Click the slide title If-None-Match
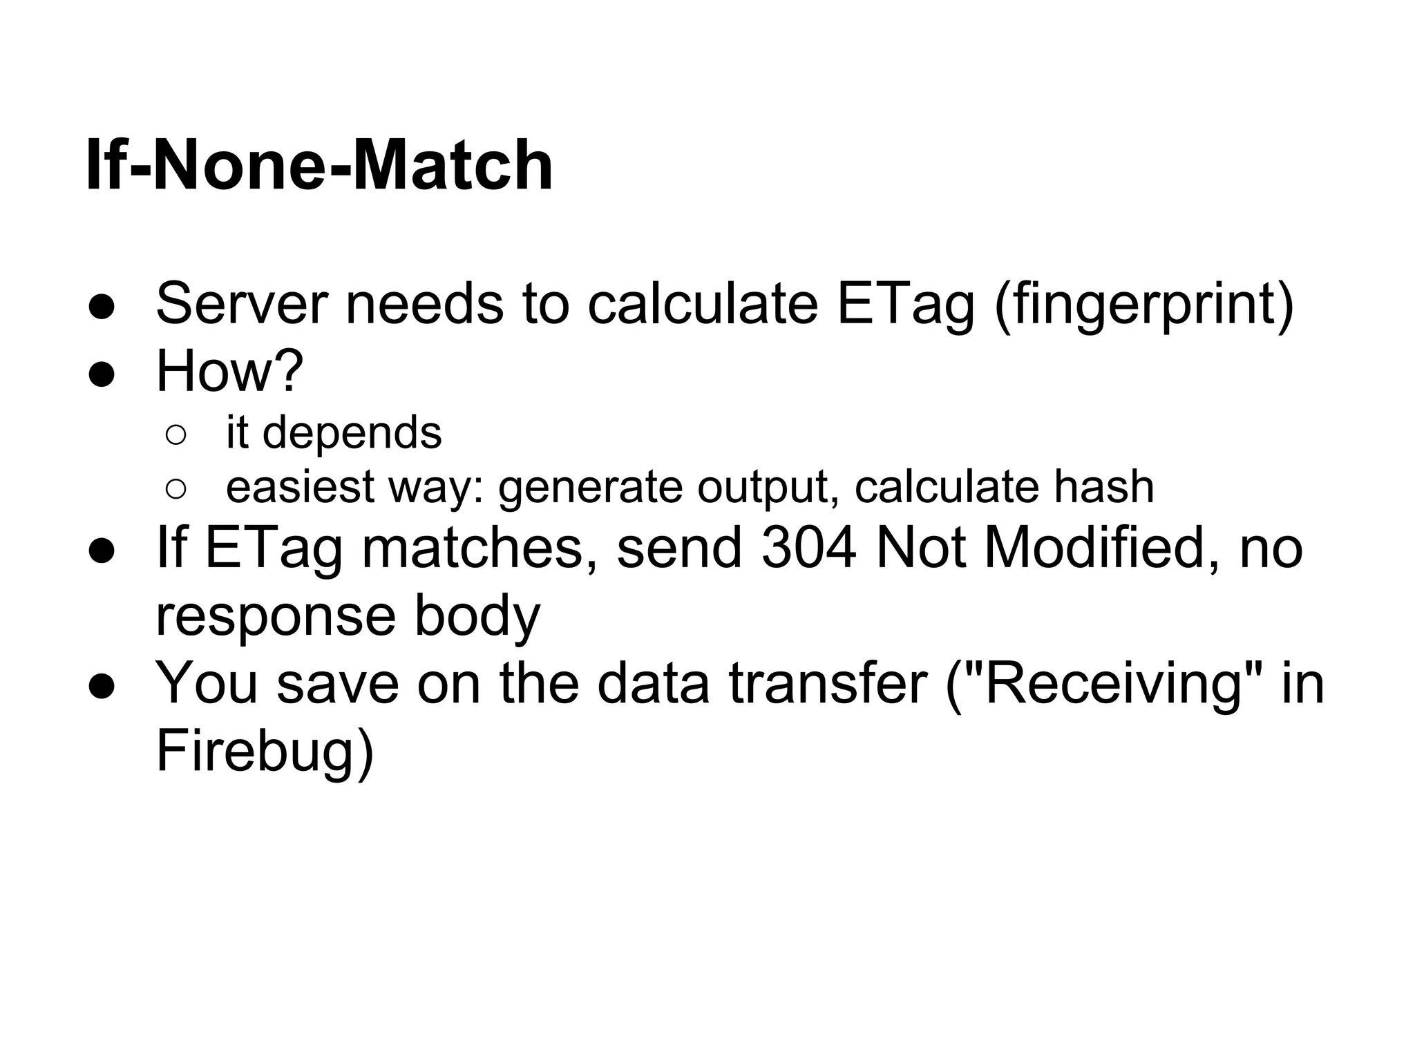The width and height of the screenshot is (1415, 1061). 319,166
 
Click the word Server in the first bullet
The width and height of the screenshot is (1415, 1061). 242,304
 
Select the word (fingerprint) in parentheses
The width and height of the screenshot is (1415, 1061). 1143,305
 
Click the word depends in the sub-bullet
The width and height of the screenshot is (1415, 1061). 352,433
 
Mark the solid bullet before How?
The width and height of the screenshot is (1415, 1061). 102,374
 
